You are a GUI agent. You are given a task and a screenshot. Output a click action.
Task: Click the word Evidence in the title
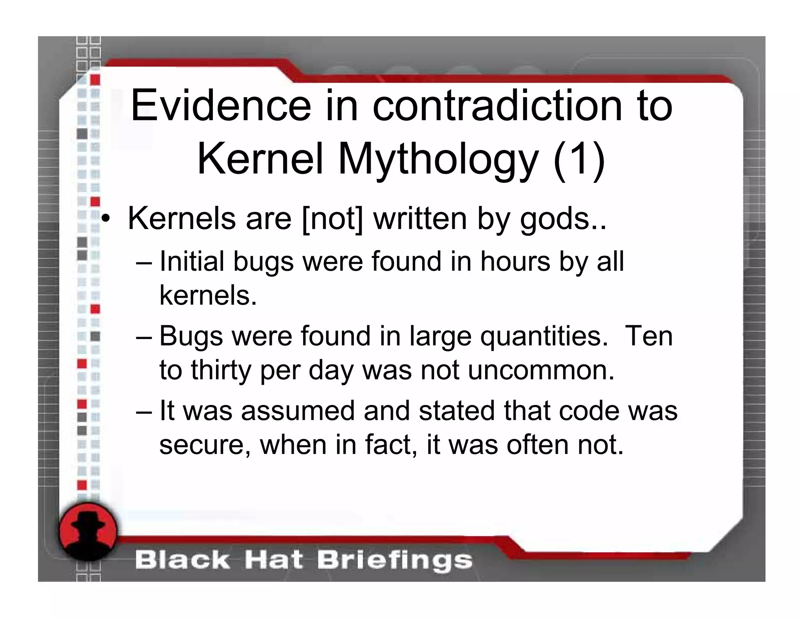tap(221, 105)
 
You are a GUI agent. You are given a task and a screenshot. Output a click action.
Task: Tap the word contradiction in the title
tap(497, 105)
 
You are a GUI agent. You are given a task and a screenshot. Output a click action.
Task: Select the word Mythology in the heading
tap(438, 160)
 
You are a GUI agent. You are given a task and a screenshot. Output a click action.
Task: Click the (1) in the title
tap(579, 160)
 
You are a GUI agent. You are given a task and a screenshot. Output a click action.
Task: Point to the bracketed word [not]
tap(332, 219)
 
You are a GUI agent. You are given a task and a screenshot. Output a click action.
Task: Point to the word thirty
tap(221, 370)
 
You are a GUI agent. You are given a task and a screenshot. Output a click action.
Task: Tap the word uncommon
tap(541, 370)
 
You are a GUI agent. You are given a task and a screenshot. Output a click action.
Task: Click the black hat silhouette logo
tap(88, 531)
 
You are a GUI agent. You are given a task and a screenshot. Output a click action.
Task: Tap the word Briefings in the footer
tap(395, 560)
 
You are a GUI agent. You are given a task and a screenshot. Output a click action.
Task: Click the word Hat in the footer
tap(273, 560)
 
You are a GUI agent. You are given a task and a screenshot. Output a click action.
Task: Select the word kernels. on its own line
tap(208, 295)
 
